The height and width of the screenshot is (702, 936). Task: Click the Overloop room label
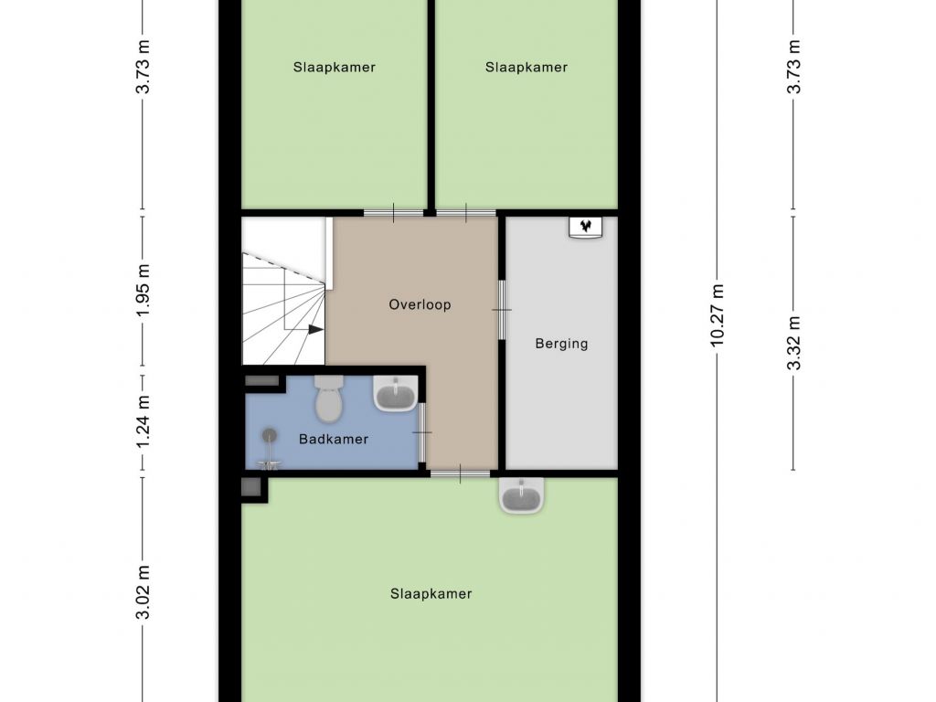click(x=420, y=304)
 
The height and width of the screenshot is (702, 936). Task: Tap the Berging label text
click(x=561, y=344)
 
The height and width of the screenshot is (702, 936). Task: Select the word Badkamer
click(x=333, y=439)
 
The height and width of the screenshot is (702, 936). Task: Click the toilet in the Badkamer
click(x=328, y=398)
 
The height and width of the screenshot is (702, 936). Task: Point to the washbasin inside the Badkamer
click(x=395, y=393)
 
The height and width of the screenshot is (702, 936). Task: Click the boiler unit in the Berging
click(x=585, y=227)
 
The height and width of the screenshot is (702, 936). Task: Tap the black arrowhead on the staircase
click(x=315, y=329)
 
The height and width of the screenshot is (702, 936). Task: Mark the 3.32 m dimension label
click(x=793, y=344)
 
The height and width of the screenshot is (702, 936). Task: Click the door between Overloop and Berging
click(x=502, y=310)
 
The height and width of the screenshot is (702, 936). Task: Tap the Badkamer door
click(x=422, y=432)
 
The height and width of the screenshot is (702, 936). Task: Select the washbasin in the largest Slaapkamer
click(x=522, y=495)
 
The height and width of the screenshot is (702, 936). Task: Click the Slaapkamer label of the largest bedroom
click(x=431, y=593)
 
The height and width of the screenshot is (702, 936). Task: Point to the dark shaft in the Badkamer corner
click(x=262, y=380)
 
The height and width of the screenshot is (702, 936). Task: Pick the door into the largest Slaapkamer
click(x=461, y=474)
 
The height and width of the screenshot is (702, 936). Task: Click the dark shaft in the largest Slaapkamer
click(x=250, y=487)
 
